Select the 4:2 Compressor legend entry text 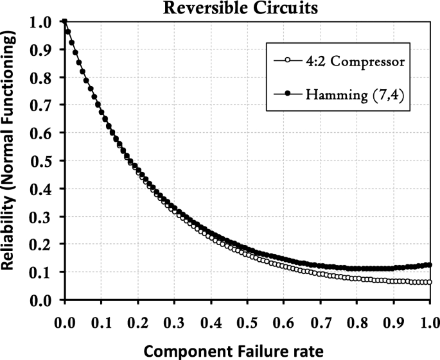point(341,62)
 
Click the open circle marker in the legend point(286,62)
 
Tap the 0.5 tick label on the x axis point(247,317)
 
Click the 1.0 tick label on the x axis point(429,317)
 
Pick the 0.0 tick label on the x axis point(64,317)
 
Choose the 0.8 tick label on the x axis point(356,317)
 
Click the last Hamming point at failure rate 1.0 point(430,265)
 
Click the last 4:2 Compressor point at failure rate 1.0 point(430,282)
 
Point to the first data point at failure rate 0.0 point(64,22)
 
